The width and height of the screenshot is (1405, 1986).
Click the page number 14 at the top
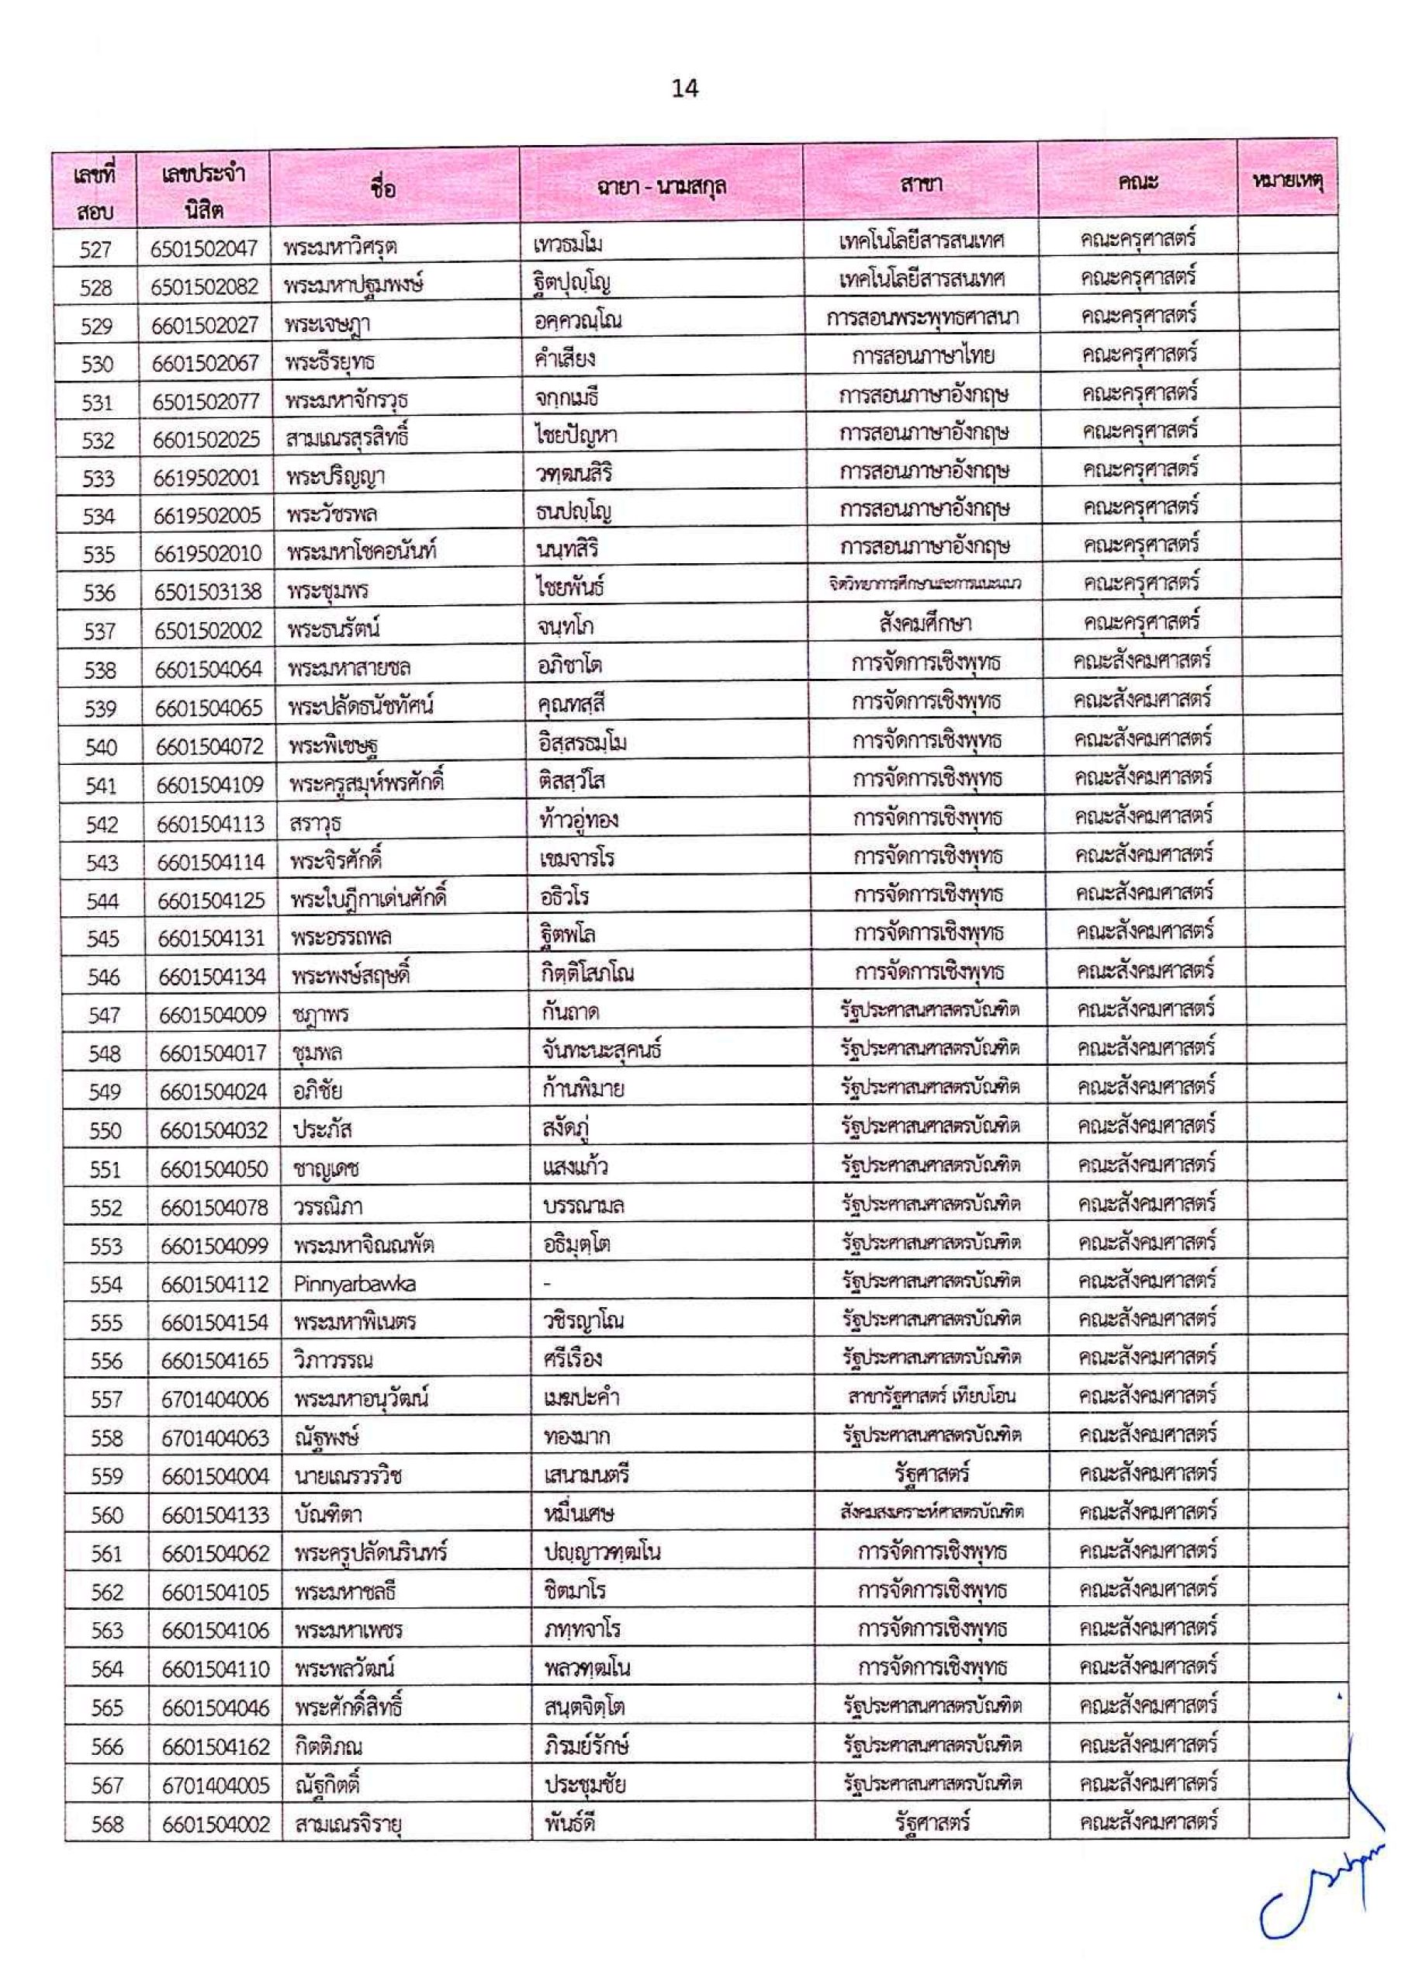(x=684, y=88)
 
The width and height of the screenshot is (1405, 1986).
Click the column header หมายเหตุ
(x=1288, y=182)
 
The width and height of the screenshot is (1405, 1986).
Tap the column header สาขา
(x=922, y=183)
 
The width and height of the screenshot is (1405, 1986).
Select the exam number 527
(x=95, y=250)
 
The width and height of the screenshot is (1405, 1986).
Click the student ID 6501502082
(x=204, y=287)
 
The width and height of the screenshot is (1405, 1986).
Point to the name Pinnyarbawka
(x=355, y=1284)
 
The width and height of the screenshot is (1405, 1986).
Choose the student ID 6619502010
(x=207, y=554)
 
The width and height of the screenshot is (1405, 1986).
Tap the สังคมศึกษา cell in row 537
(x=924, y=624)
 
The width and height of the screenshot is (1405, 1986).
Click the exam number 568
(x=107, y=1825)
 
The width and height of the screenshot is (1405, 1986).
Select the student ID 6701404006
(x=215, y=1400)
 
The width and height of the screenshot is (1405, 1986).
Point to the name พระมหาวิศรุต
(x=340, y=248)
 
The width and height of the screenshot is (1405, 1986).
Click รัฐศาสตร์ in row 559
(x=932, y=1474)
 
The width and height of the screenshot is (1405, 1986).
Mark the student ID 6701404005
(x=216, y=1786)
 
